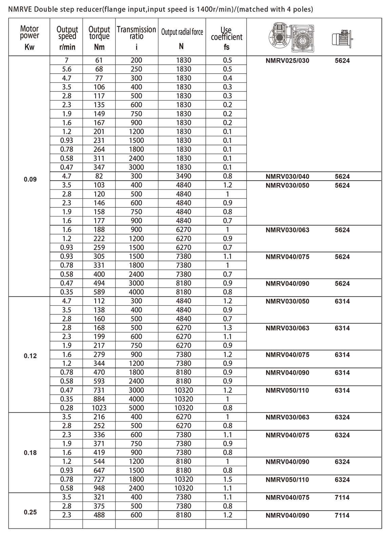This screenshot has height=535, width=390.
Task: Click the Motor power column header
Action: [x=30, y=37]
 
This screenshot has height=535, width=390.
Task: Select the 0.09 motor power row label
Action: [x=30, y=179]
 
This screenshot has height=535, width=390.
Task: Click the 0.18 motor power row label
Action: [x=30, y=453]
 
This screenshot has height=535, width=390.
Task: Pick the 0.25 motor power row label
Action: [x=30, y=512]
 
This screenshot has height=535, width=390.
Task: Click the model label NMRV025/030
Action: [x=287, y=61]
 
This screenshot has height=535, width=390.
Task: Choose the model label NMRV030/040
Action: [x=287, y=177]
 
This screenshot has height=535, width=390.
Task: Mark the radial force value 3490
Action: [x=183, y=176]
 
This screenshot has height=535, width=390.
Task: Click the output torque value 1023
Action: [x=99, y=408]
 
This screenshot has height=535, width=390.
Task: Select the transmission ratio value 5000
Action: [x=136, y=408]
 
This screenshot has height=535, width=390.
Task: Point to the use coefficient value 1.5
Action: [x=228, y=479]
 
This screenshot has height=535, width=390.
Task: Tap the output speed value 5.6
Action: [x=66, y=69]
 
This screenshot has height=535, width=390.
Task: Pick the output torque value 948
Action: [x=99, y=488]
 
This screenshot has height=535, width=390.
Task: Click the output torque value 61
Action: [x=99, y=60]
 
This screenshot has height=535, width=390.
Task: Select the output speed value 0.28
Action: [x=66, y=408]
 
